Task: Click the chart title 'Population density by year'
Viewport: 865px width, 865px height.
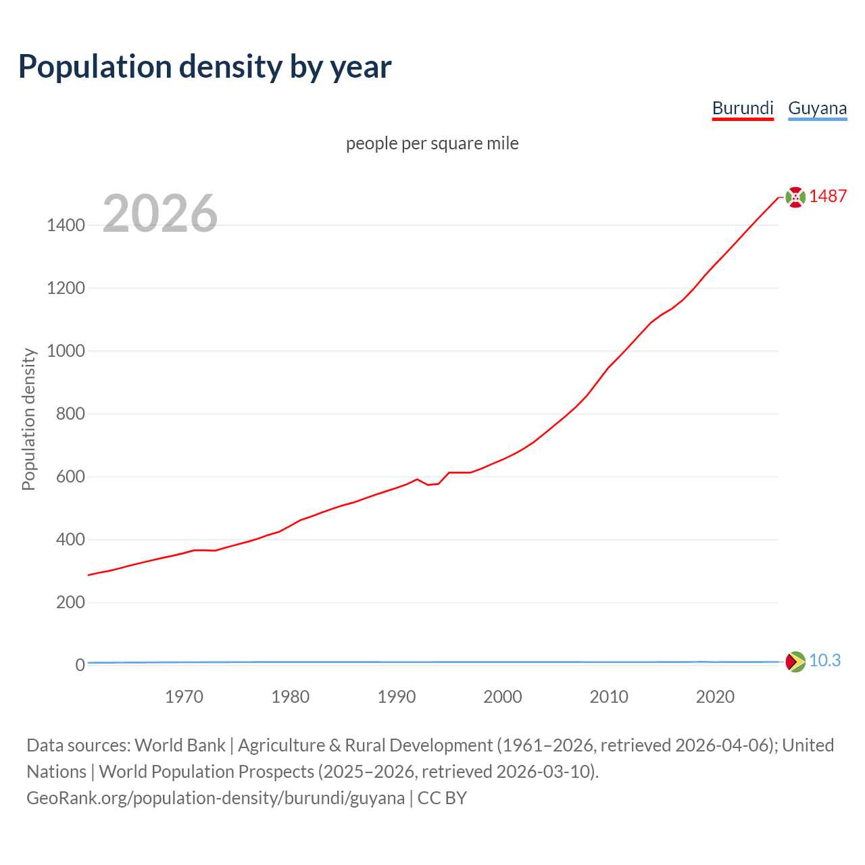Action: coord(205,66)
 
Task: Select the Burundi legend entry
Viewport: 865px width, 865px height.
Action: coord(743,108)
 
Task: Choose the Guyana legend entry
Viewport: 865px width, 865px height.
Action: coord(817,108)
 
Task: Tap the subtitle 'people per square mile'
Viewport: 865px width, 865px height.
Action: coord(432,143)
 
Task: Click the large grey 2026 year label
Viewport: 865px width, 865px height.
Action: coord(160,214)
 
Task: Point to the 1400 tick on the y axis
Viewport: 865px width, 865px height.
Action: coord(66,225)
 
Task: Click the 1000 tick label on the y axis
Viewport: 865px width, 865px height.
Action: coord(66,351)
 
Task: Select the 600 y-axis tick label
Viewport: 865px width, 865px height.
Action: coord(70,476)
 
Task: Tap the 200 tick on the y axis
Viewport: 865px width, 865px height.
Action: coord(70,602)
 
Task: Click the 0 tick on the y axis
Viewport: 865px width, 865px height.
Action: coord(80,665)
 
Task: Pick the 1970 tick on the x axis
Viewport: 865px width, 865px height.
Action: coord(184,697)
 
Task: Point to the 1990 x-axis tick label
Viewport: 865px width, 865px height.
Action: coord(397,697)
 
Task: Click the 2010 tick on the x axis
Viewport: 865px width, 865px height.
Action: coord(609,697)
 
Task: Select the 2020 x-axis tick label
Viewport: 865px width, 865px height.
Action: coord(715,697)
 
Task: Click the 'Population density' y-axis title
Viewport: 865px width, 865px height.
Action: coord(28,419)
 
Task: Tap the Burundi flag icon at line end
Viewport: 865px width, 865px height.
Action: coord(795,197)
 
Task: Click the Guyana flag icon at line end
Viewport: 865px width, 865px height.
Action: coord(795,661)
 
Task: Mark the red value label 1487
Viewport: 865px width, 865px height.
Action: coord(828,196)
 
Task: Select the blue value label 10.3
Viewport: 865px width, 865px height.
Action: coord(824,660)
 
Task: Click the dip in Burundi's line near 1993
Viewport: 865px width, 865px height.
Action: coord(428,485)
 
